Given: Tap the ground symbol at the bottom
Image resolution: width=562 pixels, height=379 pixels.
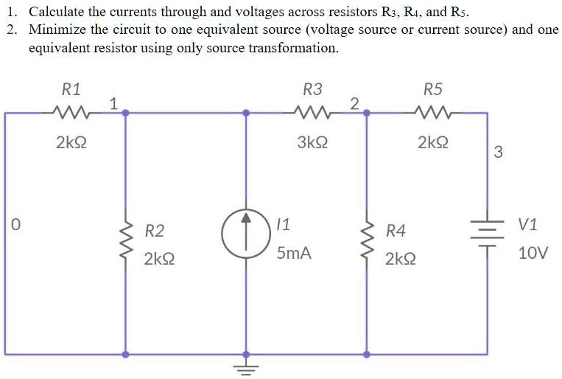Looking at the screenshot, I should click(246, 366).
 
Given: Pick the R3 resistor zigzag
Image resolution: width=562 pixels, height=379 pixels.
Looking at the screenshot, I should click(312, 113).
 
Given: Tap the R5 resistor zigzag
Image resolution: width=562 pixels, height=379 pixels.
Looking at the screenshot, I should click(433, 113).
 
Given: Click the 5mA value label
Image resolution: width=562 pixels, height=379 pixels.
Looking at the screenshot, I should click(294, 254).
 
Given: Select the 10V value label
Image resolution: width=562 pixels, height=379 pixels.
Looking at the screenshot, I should click(533, 254).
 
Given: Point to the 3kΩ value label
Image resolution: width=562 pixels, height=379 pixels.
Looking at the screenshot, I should click(312, 142).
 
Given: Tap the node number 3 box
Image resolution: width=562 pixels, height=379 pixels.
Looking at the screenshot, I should click(499, 153).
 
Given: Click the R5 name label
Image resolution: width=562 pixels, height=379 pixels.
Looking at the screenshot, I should click(433, 90).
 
